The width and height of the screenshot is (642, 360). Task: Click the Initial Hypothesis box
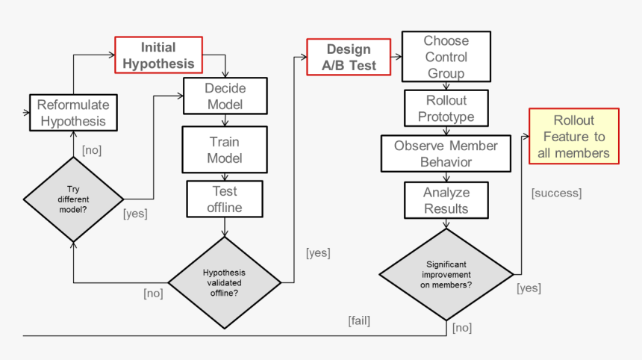click(158, 55)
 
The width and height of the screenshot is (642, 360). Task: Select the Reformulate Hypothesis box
click(72, 113)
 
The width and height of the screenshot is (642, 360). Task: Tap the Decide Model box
click(225, 96)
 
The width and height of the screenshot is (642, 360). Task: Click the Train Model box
click(225, 149)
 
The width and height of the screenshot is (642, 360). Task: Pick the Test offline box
click(225, 199)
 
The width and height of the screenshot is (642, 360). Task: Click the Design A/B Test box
click(349, 58)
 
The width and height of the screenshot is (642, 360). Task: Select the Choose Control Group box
click(446, 57)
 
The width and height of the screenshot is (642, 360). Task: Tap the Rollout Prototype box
click(446, 109)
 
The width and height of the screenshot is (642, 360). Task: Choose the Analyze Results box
click(446, 200)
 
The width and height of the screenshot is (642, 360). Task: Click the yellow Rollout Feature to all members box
click(573, 137)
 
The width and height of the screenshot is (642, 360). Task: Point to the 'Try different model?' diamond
click(73, 199)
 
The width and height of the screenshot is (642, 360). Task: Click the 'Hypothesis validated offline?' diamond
click(224, 283)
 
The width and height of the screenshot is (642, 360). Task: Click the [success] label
click(556, 193)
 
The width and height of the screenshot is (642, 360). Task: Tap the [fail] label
click(358, 321)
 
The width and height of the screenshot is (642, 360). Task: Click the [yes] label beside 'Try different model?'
click(134, 214)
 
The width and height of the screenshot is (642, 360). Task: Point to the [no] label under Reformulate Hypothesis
click(91, 150)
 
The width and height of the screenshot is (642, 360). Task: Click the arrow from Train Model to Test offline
click(225, 177)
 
